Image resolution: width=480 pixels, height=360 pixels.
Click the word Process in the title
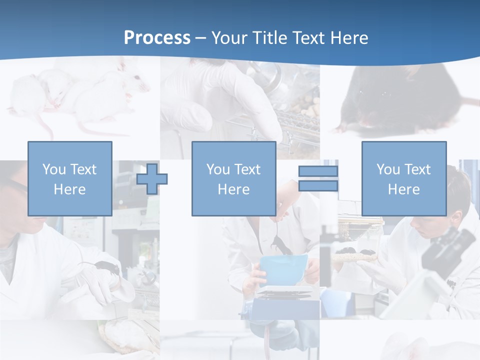point(157,38)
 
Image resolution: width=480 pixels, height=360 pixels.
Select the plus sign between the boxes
point(152,178)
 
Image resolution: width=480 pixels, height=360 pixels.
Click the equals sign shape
point(318,178)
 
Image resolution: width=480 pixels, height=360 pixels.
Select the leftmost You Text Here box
point(69,178)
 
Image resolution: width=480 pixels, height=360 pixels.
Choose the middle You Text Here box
point(233,178)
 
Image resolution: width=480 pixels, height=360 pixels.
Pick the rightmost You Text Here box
point(403,178)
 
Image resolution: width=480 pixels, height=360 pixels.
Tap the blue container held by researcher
point(282,270)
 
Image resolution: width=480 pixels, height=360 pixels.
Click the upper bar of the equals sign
point(318,171)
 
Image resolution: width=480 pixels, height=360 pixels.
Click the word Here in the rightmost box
point(403,189)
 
